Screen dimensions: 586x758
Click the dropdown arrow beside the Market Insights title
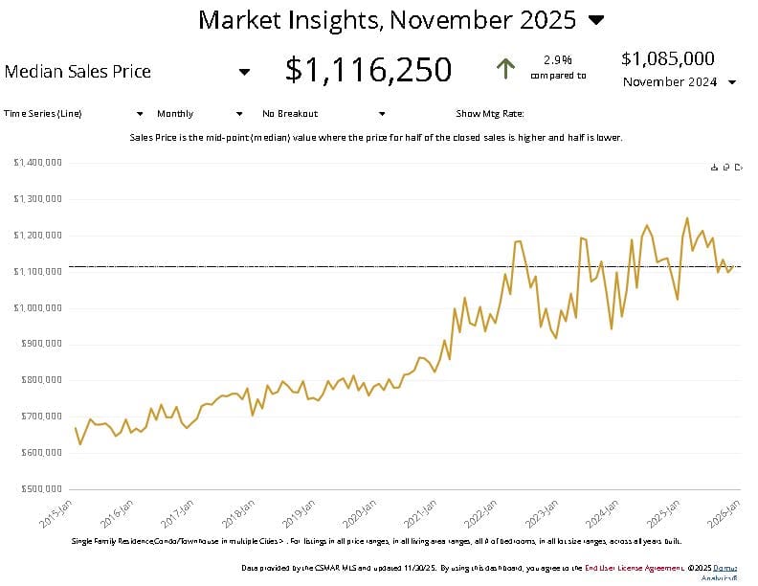[x=595, y=19]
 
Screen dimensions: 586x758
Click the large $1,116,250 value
[x=368, y=69]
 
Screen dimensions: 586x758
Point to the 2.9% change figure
[x=557, y=58]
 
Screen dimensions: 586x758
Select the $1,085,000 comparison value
[x=667, y=58]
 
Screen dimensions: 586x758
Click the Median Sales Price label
[x=78, y=71]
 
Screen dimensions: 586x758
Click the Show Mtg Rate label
[x=491, y=113]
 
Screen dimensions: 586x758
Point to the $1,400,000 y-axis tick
[x=38, y=163]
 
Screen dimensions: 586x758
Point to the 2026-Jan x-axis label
[x=720, y=515]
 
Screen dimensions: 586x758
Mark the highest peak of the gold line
[x=686, y=218]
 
